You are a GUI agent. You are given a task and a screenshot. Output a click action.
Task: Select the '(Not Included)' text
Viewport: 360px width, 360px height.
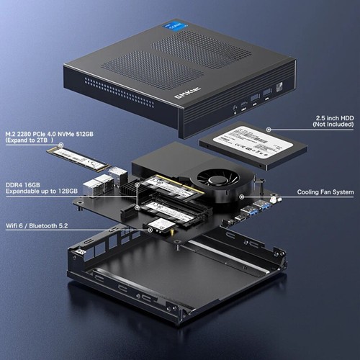[x=335, y=125]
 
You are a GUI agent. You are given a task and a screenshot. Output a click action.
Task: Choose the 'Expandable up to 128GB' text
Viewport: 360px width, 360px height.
[x=45, y=192]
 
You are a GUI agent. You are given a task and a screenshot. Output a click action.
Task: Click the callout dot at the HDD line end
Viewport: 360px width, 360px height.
[x=268, y=130]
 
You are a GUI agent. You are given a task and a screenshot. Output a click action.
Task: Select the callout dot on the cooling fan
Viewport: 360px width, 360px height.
[x=241, y=193]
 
